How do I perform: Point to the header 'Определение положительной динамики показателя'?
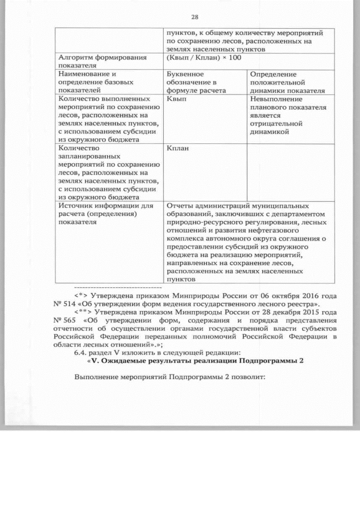[287, 82]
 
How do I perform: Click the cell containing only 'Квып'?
[177, 98]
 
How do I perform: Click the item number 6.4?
[82, 352]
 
